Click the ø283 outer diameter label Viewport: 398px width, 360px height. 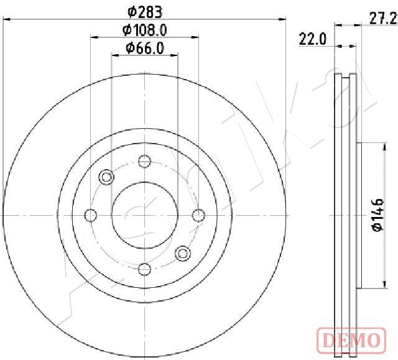[145, 12]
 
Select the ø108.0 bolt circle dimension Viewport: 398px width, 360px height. [145, 30]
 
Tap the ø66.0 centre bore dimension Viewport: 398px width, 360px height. [145, 48]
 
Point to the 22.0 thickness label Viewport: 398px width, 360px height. [312, 39]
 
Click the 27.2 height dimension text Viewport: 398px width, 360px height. [383, 19]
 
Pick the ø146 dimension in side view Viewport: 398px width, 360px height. [378, 215]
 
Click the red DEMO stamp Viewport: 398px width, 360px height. [351, 341]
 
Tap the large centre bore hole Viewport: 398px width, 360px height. [145, 215]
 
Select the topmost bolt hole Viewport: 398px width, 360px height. [145, 161]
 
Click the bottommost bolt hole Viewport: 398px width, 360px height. [145, 269]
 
